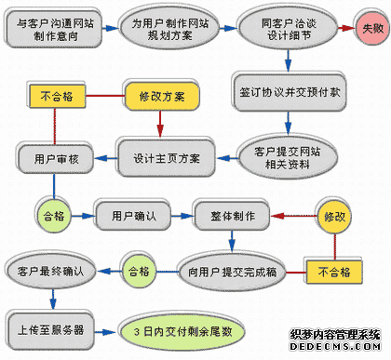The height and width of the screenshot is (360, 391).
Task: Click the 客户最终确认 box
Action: (51, 272)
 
